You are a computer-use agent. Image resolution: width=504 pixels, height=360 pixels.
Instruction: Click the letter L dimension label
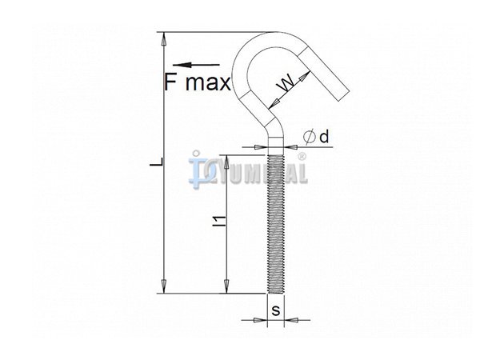coord(158,162)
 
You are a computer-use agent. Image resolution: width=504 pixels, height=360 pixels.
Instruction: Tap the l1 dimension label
coord(220,222)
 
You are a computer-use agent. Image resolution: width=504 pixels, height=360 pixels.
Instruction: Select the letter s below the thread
coord(276,311)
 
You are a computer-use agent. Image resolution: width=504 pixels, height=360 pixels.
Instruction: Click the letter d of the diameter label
coord(324,137)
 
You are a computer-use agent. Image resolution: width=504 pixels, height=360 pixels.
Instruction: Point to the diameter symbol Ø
coord(309,138)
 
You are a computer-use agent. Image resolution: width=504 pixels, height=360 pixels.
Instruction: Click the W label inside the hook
coord(286,82)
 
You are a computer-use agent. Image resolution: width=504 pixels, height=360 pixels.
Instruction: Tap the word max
coord(208,83)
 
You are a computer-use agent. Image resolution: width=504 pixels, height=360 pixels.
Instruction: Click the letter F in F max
coord(170,82)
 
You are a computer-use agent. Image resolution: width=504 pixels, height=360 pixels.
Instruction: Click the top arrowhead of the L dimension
coord(164,38)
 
